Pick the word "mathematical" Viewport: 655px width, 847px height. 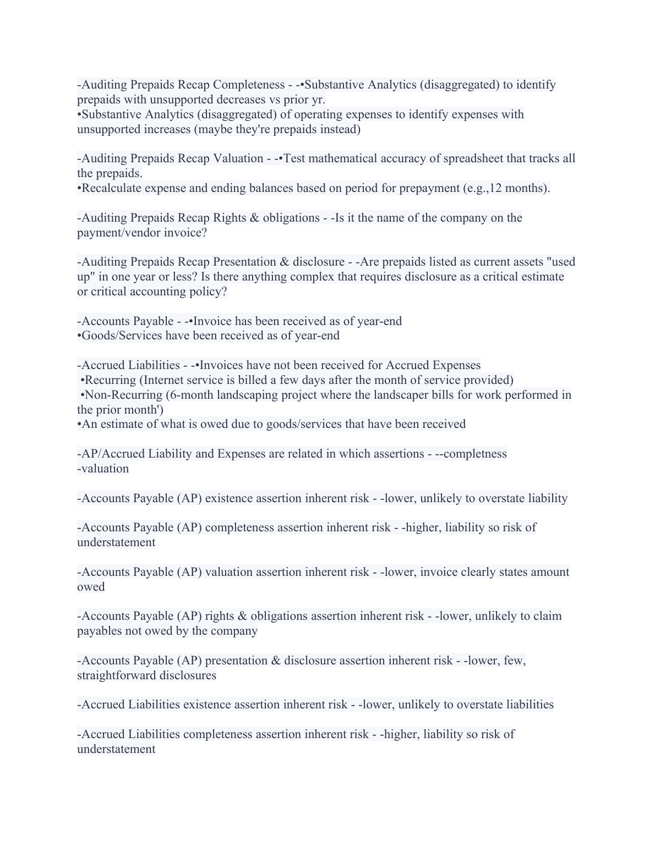pyautogui.click(x=359, y=158)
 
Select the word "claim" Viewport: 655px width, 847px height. pyautogui.click(x=547, y=616)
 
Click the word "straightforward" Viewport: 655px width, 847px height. pyautogui.click(x=146, y=675)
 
